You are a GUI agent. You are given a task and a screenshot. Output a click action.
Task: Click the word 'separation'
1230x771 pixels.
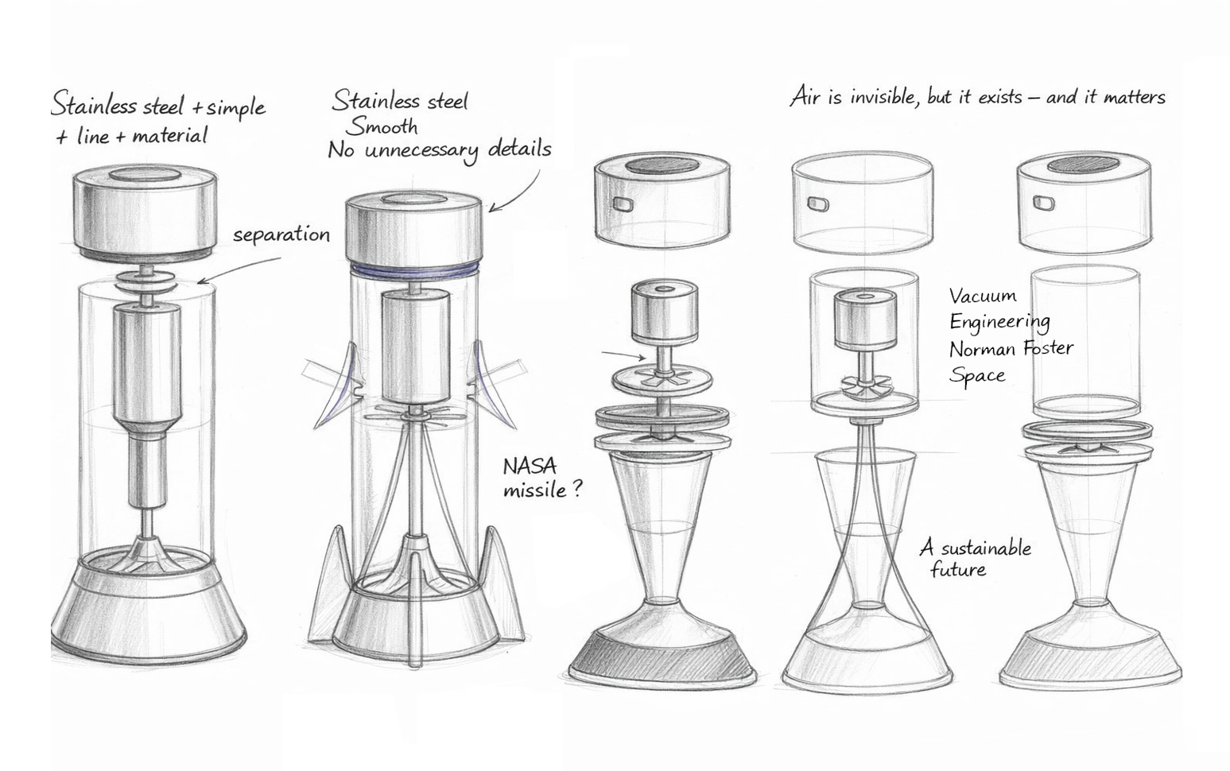pos(281,235)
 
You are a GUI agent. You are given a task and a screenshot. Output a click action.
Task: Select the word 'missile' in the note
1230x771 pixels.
pos(534,490)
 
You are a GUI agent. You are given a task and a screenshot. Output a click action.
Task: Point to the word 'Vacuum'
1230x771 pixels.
pos(983,296)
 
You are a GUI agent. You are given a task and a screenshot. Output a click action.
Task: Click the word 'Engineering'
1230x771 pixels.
pos(1000,322)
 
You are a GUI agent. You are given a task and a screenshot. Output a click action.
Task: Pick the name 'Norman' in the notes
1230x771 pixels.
pos(980,349)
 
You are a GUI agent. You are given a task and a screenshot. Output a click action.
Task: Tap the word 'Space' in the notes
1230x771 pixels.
pos(977,375)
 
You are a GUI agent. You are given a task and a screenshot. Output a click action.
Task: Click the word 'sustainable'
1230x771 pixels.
pos(986,548)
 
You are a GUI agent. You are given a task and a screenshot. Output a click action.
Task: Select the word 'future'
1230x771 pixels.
pos(958,569)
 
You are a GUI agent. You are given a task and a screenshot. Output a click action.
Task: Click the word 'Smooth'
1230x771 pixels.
pos(382,126)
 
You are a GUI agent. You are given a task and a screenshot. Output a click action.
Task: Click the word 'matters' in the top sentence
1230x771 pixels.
pos(1135,98)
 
